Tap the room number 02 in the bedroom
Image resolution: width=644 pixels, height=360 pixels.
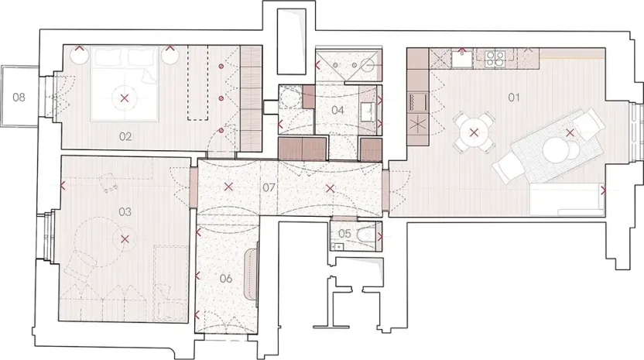pos(125,136)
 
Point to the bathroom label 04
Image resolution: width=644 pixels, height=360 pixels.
pos(337,111)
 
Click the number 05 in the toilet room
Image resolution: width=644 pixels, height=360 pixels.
pos(344,233)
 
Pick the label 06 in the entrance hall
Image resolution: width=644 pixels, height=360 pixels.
pos(225,278)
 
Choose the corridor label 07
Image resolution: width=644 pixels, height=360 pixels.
pos(269,187)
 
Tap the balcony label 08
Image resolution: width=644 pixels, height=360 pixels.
pos(19,98)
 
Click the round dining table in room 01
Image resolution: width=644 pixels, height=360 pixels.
pos(473,133)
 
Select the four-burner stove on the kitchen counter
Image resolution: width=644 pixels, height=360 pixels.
pos(495,57)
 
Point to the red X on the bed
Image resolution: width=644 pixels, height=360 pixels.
pos(125,98)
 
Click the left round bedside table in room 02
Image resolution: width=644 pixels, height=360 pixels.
pos(80,55)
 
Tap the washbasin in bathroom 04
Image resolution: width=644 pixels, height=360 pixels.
pos(368,111)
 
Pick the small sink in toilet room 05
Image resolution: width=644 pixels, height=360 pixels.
pos(337,247)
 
